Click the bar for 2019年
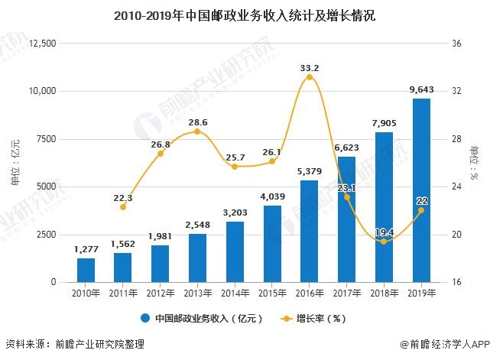pos(421,190)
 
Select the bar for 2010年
pos(86,270)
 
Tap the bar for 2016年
pos(309,231)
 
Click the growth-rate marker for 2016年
pos(309,77)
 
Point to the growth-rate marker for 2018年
pos(384,242)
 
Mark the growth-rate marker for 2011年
pos(123,207)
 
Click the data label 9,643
pos(421,90)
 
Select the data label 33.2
pos(309,67)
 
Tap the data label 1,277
pos(86,249)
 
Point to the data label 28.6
pos(197,122)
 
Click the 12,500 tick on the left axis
pos(42,44)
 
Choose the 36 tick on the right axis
pos(457,44)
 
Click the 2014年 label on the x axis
pos(235,293)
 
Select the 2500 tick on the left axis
pos(45,235)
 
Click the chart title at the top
pos(244,14)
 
